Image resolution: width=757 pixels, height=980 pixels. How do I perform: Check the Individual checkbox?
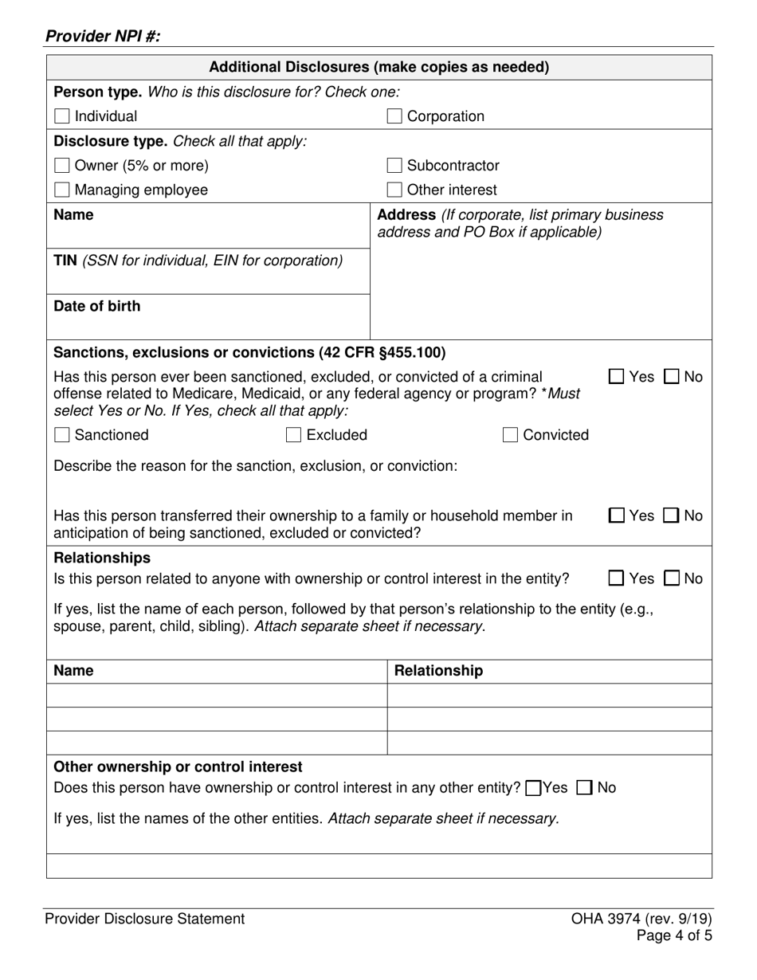pos(61,116)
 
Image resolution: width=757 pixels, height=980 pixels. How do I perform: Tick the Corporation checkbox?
pos(394,116)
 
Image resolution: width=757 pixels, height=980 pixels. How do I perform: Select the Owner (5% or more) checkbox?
pos(61,166)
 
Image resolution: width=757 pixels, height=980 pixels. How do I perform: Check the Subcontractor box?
pos(394,166)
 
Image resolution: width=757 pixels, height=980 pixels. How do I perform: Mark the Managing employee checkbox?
pos(61,190)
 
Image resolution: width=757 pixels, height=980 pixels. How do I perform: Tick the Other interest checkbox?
pos(394,190)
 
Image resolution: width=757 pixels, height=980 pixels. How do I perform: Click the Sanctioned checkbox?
pos(61,435)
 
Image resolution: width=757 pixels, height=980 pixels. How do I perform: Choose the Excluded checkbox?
pos(293,435)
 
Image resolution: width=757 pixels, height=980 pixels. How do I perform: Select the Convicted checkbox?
pos(510,435)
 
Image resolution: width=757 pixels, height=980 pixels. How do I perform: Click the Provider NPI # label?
pos(103,36)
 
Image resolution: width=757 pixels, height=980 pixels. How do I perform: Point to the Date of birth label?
pos(96,306)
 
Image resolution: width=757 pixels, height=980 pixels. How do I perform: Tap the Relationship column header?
pos(438,671)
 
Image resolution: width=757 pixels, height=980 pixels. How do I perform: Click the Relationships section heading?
pos(101,558)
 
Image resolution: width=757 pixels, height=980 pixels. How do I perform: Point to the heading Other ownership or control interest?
pos(178,766)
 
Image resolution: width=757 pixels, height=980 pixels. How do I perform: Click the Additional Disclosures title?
pos(378,67)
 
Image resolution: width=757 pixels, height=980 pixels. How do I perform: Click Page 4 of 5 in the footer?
pos(673,935)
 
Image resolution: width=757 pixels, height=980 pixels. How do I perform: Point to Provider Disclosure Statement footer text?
pos(144,919)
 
